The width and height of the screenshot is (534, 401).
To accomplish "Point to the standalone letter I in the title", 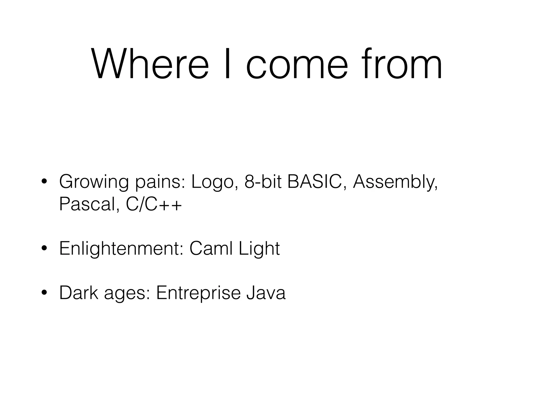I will click(x=227, y=64).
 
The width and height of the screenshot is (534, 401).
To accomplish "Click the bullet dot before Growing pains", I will click(x=44, y=182).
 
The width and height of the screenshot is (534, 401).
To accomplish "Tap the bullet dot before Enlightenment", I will click(x=44, y=249).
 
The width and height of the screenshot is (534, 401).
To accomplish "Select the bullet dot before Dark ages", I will click(x=44, y=293).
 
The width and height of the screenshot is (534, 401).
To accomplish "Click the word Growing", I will click(x=94, y=182).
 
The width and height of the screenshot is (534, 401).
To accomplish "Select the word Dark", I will click(x=79, y=293).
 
